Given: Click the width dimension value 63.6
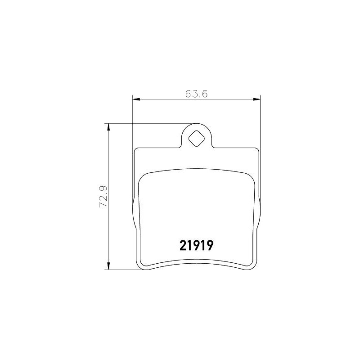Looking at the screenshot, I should click(x=196, y=94).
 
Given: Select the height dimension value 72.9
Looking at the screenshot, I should click(x=103, y=197).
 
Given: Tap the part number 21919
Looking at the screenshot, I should click(x=196, y=245).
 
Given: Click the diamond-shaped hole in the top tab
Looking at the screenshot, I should click(x=196, y=138).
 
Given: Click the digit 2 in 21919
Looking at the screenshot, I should click(x=183, y=245).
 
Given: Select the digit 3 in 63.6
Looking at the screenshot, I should click(x=193, y=94).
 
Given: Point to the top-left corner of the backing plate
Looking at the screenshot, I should click(x=136, y=150).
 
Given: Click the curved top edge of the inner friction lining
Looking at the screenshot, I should click(x=196, y=169).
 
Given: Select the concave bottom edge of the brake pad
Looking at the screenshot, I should click(x=196, y=263).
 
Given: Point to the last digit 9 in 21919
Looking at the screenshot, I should click(x=209, y=245).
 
